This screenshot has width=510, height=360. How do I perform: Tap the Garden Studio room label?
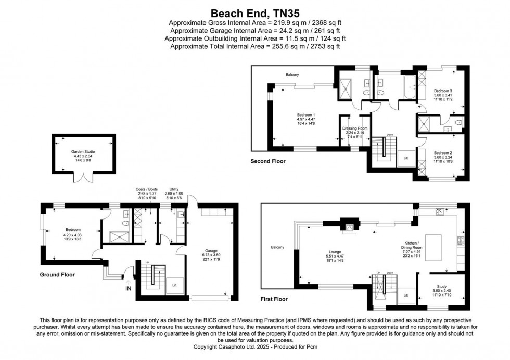click(83, 152)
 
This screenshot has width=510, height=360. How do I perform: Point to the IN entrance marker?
click(129, 287)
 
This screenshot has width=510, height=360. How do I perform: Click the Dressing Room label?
click(355, 128)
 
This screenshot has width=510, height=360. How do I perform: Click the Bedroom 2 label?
click(443, 153)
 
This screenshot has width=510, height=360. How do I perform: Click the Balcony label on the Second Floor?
click(292, 75)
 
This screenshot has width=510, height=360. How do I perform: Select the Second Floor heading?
click(268, 162)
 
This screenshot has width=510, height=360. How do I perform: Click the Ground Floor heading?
click(57, 274)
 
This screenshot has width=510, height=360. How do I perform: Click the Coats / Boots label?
click(146, 189)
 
